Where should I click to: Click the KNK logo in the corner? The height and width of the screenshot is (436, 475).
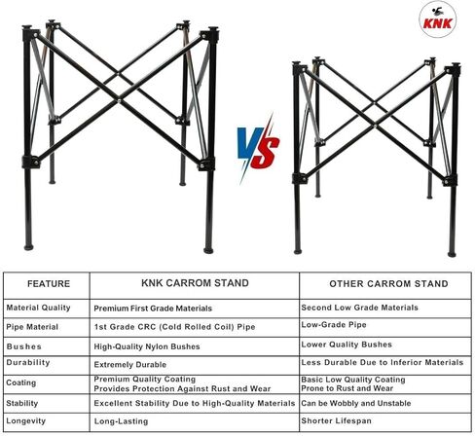437,19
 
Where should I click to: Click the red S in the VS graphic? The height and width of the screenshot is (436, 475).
266,148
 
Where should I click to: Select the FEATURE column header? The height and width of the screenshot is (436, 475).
49,284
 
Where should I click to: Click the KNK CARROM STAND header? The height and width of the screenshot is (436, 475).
195,283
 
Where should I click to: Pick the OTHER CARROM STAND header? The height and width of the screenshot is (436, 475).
388,284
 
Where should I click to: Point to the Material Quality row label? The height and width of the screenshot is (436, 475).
38,308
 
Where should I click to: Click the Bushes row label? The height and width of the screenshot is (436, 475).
24,346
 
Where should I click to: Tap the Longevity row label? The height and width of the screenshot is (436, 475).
26,421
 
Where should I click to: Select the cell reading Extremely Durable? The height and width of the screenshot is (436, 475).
130,365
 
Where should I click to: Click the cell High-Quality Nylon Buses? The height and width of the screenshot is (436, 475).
147,346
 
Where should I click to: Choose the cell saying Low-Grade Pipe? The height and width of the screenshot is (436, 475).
334,325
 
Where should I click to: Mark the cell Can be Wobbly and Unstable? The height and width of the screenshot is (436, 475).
356,403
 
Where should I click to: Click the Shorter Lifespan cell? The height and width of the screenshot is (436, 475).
336,420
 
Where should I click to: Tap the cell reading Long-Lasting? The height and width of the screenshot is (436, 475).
121,421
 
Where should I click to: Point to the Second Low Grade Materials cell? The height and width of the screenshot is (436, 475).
359,308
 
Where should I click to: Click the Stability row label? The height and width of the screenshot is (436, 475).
22,403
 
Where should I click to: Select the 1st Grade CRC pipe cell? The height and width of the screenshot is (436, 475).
174,327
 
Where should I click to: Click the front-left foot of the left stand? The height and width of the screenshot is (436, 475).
28,247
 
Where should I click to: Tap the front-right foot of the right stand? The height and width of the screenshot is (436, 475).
452,254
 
